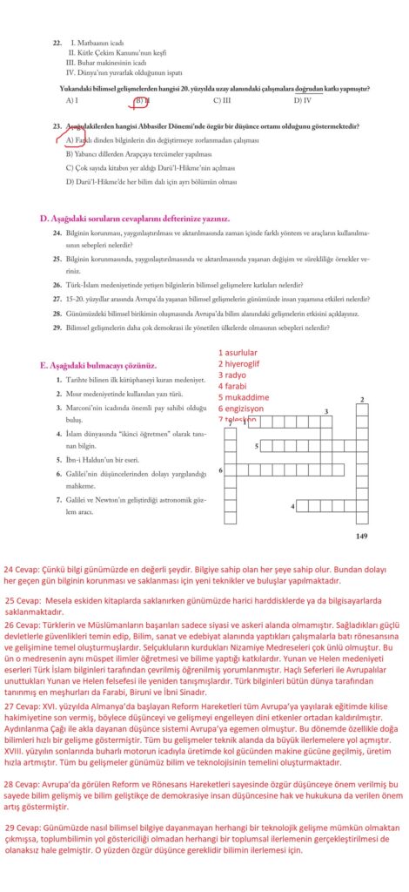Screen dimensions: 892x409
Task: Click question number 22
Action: pos(57,42)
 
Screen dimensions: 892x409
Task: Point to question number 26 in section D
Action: pos(56,284)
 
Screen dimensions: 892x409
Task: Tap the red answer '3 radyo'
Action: pos(233,375)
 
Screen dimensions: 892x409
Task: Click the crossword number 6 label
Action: pos(220,470)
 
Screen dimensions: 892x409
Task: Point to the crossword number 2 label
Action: pos(361,400)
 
